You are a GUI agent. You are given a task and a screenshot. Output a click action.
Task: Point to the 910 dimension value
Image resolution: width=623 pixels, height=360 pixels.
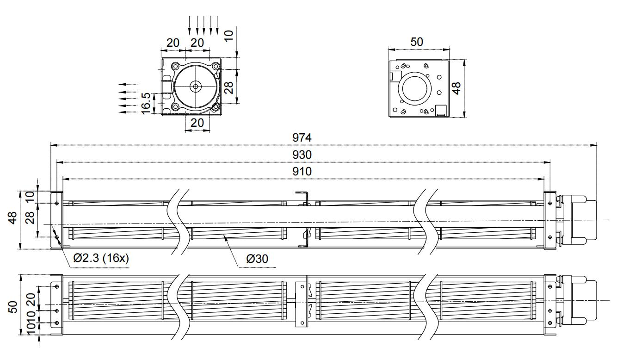point(302,171)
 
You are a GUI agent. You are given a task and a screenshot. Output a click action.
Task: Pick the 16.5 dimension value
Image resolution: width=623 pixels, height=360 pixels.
point(147,103)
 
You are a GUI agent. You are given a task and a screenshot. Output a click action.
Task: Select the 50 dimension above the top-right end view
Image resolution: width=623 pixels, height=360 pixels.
point(417,42)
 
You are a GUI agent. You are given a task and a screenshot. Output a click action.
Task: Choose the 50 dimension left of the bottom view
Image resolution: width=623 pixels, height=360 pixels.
point(13,306)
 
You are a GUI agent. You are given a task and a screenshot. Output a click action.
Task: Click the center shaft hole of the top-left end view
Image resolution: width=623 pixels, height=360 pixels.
point(196,86)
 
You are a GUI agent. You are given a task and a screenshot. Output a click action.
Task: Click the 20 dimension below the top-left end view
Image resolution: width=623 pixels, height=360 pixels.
point(197,123)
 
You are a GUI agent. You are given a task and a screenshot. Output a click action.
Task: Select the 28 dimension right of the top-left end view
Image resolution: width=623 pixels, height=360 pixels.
point(228,86)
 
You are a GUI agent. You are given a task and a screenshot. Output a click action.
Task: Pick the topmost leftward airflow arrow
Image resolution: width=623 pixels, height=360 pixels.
point(128,84)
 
